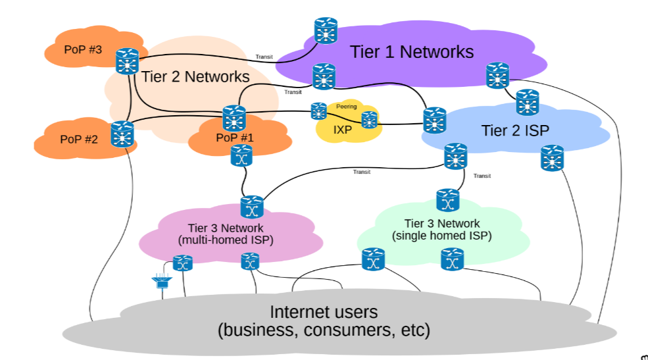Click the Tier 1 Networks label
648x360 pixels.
click(x=411, y=52)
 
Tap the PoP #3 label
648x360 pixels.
click(x=83, y=50)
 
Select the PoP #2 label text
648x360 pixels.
click(x=79, y=139)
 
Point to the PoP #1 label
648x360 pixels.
click(x=234, y=138)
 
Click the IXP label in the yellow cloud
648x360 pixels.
click(x=342, y=130)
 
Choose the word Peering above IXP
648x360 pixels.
click(x=346, y=106)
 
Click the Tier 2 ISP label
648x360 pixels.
click(x=514, y=130)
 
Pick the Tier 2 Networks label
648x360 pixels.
click(x=195, y=76)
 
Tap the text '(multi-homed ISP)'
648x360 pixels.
click(x=225, y=240)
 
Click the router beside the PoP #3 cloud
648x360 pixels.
click(x=126, y=61)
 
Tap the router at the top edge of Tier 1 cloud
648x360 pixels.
click(x=324, y=30)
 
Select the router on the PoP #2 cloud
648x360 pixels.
click(x=122, y=134)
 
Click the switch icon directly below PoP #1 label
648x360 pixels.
click(x=241, y=156)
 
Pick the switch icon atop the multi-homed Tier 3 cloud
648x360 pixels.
click(x=251, y=207)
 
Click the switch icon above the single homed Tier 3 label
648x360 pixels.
click(x=447, y=199)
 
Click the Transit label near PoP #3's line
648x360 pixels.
click(x=264, y=57)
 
